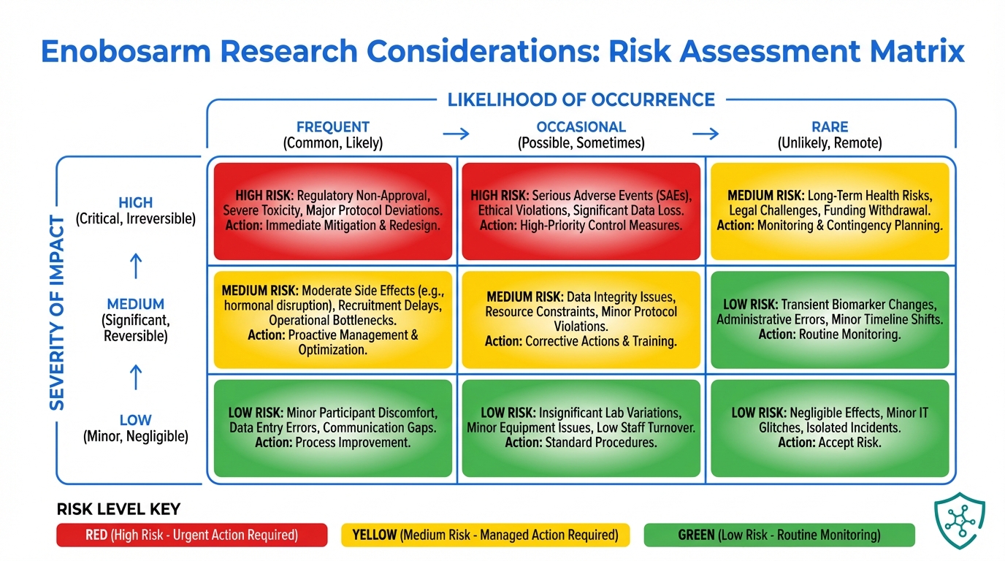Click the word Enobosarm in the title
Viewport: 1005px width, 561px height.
click(126, 51)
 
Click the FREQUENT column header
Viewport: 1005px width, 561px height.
click(333, 127)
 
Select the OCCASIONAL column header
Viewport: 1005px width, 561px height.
click(581, 127)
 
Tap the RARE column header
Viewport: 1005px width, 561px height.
click(830, 127)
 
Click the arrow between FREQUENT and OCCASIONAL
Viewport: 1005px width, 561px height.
click(456, 134)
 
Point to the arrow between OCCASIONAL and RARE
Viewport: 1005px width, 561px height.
click(706, 134)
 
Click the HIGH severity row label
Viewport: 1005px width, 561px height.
click(136, 203)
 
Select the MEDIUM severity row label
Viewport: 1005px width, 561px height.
click(136, 305)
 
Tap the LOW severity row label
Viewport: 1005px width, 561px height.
click(136, 420)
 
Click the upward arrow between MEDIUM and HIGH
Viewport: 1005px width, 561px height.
click(136, 266)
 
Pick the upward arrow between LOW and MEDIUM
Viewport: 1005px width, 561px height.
click(136, 377)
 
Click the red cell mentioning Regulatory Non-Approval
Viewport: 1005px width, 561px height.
click(333, 211)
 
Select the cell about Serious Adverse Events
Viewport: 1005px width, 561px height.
click(581, 211)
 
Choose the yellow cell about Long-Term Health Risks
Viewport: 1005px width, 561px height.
click(830, 211)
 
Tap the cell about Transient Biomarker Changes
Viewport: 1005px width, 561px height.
click(830, 319)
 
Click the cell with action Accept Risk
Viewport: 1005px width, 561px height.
click(830, 428)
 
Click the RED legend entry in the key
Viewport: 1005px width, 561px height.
click(192, 535)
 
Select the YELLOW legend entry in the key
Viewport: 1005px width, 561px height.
click(486, 535)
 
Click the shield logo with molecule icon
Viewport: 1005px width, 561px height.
click(960, 521)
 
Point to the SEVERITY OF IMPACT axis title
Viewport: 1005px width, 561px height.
click(57, 313)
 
